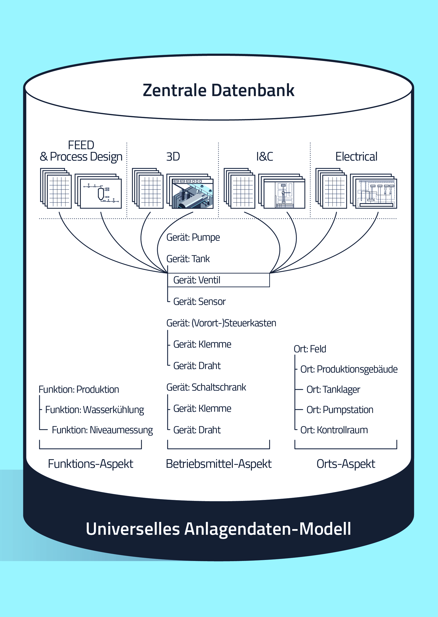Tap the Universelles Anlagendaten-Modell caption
219,529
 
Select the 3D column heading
173,157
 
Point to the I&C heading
264,157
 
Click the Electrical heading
356,157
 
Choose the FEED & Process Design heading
81,151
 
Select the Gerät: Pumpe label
193,237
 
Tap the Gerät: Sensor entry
199,302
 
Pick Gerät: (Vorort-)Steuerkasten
221,323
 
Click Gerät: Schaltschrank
206,387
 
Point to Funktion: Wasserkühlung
94,410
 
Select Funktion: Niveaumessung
102,430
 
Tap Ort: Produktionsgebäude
349,369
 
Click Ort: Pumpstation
340,410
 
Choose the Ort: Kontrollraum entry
334,430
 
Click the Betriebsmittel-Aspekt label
219,464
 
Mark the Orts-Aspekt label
346,464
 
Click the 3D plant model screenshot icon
192,193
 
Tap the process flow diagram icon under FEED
101,193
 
